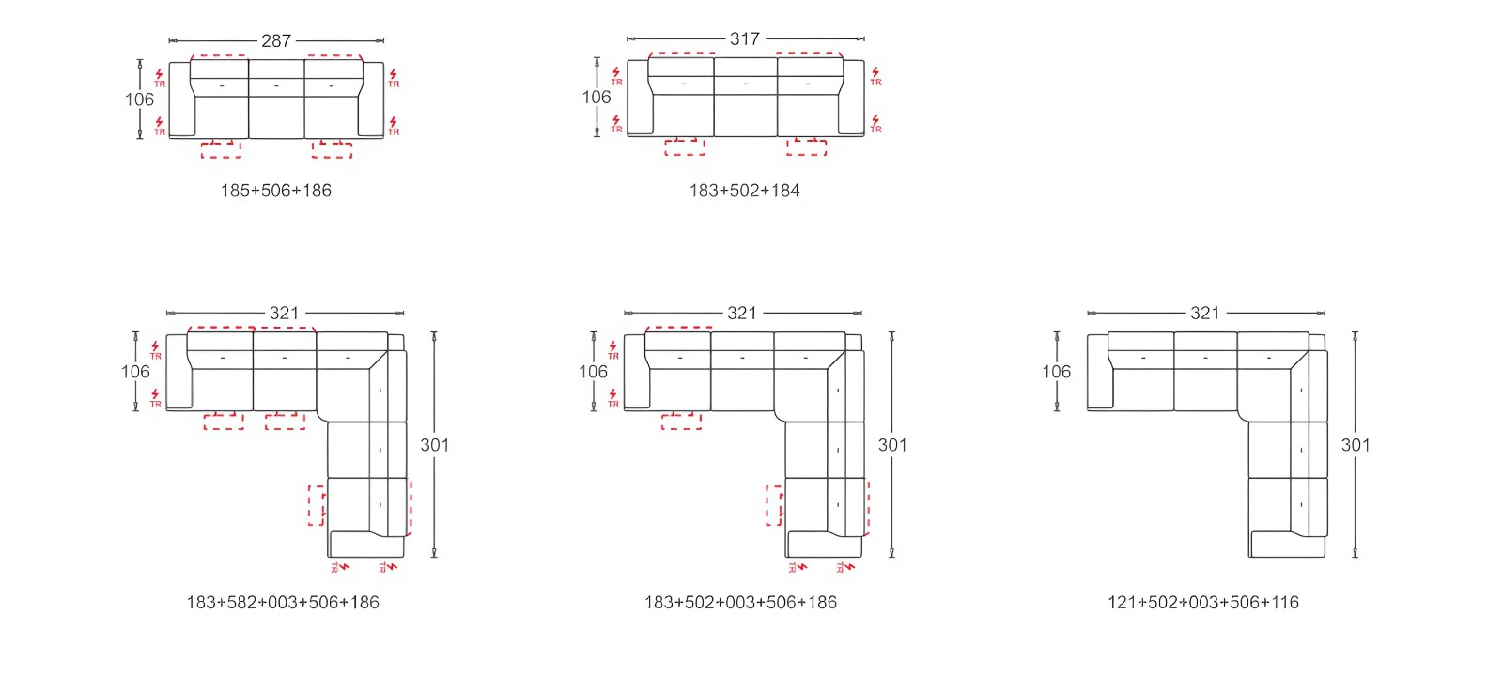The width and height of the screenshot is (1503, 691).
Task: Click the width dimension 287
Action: click(276, 41)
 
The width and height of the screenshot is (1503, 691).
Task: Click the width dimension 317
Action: click(745, 38)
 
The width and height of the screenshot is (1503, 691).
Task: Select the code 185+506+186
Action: click(276, 191)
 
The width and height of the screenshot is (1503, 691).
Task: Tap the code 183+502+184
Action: click(744, 191)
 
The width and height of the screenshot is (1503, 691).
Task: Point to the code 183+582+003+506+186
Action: click(283, 603)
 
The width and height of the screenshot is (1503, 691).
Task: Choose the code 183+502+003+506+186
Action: click(740, 603)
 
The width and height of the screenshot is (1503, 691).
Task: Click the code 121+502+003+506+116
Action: click(1203, 603)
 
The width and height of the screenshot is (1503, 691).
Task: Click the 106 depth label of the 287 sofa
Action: click(140, 100)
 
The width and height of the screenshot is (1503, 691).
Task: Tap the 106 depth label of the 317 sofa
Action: click(597, 98)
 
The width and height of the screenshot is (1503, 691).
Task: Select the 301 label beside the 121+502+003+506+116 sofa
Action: click(1356, 445)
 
